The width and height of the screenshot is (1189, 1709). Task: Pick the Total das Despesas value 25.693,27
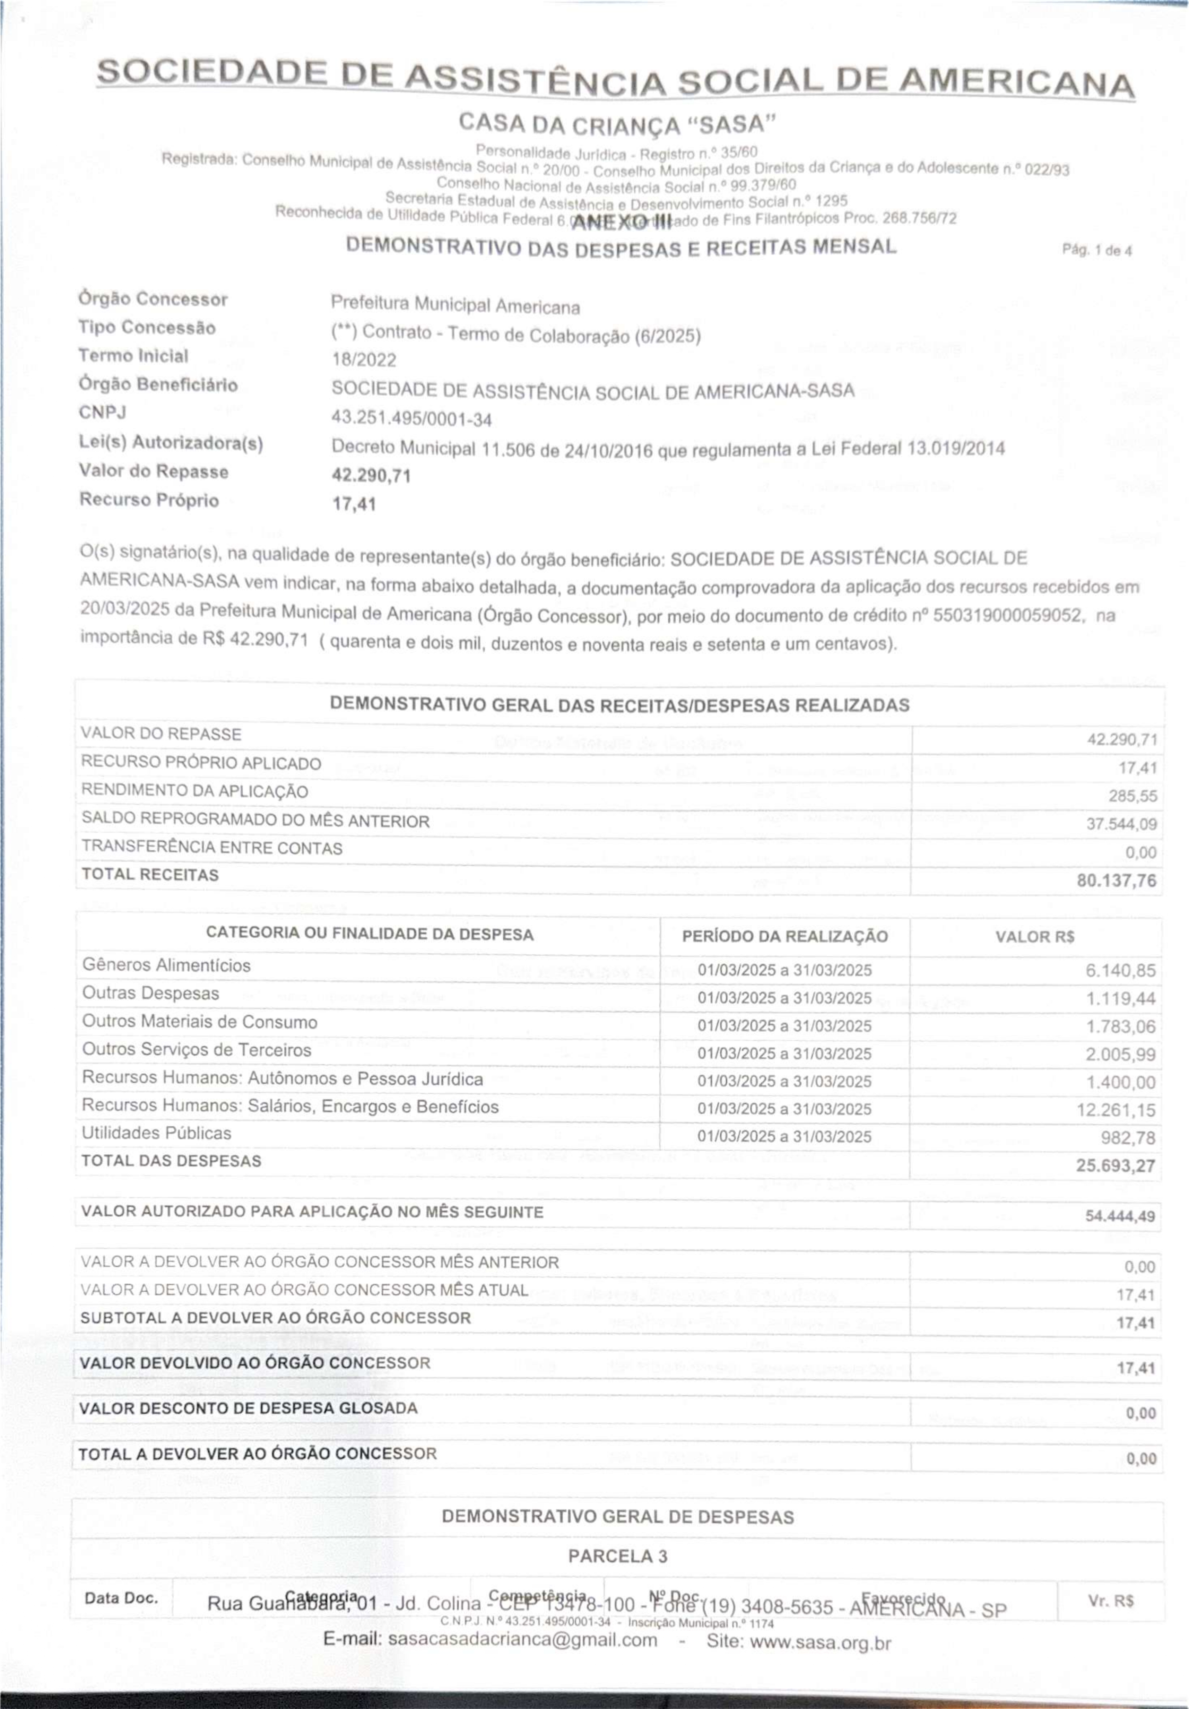click(1115, 1166)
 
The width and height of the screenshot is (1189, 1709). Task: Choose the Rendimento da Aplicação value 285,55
click(1132, 796)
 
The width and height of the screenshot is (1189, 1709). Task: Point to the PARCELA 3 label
click(617, 1556)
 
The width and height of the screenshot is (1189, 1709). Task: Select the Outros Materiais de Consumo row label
click(200, 1022)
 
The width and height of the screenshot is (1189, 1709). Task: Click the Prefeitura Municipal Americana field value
click(455, 305)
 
